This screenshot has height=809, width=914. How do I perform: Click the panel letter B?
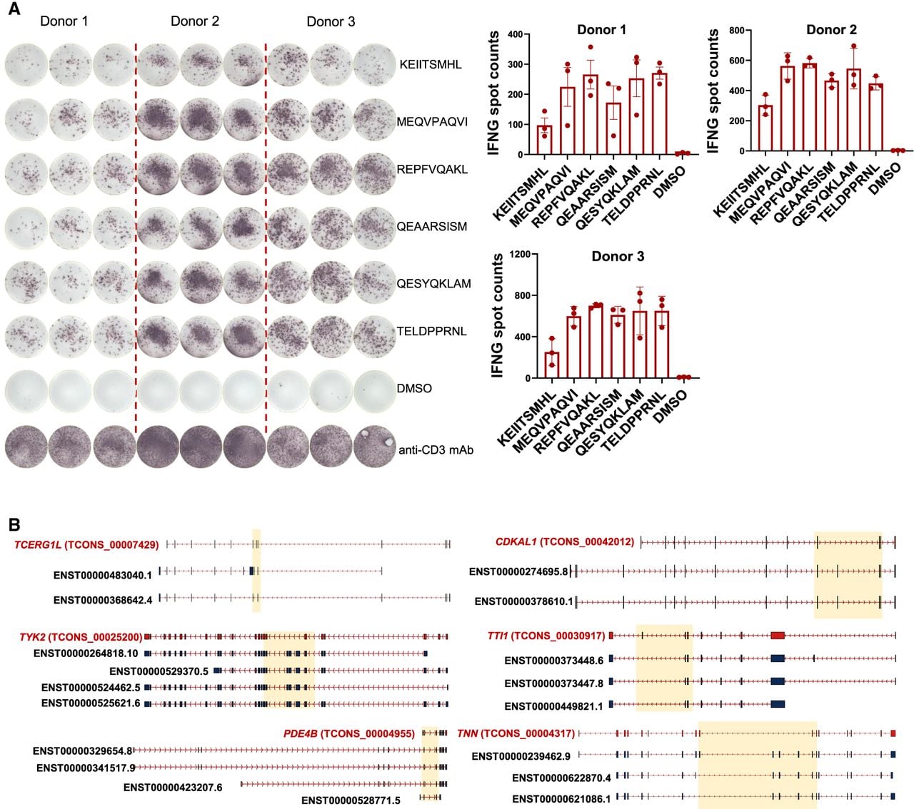point(14,524)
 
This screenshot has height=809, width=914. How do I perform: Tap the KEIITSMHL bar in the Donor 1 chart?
point(545,140)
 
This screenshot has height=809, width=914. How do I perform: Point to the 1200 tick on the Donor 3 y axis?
point(520,254)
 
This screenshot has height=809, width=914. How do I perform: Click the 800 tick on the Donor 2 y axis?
point(738,30)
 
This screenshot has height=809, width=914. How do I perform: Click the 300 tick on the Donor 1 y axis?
point(515,64)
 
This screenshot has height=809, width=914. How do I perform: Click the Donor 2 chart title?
point(831,30)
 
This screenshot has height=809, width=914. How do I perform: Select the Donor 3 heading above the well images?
point(331,21)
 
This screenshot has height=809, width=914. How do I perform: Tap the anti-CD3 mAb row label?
point(436,449)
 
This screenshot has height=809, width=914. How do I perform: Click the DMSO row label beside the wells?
point(413,388)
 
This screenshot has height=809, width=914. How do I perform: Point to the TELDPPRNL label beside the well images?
point(432,331)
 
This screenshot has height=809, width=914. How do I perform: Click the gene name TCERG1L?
point(37,545)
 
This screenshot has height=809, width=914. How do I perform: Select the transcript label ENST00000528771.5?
point(351,800)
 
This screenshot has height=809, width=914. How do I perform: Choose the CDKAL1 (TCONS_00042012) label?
point(564,541)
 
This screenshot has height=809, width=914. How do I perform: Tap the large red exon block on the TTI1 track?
point(778,636)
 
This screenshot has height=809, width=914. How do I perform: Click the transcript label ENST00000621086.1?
point(561,799)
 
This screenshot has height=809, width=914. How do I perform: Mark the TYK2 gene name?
point(31,637)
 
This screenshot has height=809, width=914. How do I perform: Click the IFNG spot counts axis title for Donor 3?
point(497,315)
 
